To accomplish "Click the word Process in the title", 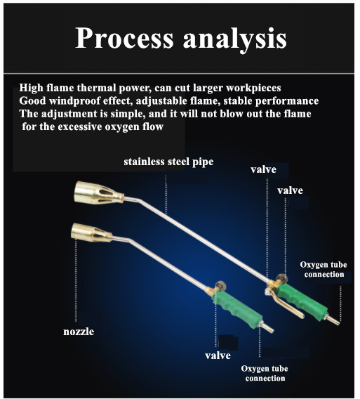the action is click(x=125, y=38).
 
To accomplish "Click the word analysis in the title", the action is click(x=235, y=40).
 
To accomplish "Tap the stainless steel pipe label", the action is click(x=168, y=162).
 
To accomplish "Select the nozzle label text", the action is click(x=79, y=332).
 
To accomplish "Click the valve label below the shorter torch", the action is click(x=218, y=355).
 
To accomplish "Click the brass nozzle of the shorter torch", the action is click(x=91, y=233).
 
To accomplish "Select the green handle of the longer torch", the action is click(x=302, y=301).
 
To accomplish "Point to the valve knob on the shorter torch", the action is click(x=220, y=286).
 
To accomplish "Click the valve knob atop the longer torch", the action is click(x=281, y=278).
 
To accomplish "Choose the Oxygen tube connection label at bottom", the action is click(x=265, y=373).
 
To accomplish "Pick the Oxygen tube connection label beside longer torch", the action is click(x=324, y=270).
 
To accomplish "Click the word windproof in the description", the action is click(x=75, y=101).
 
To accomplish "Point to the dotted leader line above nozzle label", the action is click(x=76, y=278).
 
